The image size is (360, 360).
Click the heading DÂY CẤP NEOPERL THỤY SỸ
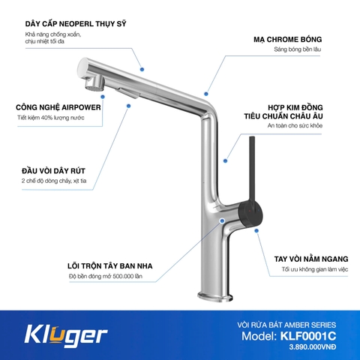pyautogui.click(x=75, y=23)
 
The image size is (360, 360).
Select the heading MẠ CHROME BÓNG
pyautogui.click(x=296, y=39)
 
